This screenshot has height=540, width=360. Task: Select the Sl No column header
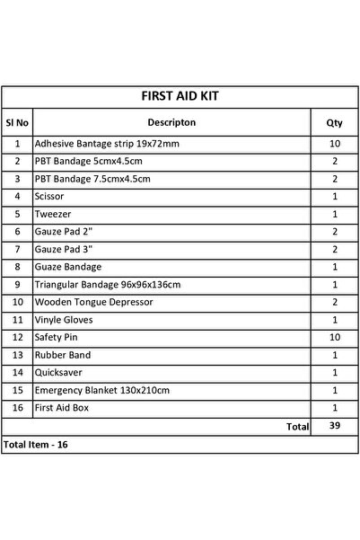click(x=18, y=121)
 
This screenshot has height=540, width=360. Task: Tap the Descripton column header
click(x=171, y=121)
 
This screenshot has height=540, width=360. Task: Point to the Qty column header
click(x=334, y=121)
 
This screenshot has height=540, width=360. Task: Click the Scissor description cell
click(x=48, y=196)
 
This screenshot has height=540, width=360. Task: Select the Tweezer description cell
click(x=50, y=214)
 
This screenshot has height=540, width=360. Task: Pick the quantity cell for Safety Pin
click(x=334, y=338)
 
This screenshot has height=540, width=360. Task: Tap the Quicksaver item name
click(x=57, y=373)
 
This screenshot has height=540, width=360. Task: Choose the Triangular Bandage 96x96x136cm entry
click(x=107, y=285)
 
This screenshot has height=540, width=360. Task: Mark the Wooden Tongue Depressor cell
click(x=89, y=303)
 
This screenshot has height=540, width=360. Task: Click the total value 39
click(x=334, y=426)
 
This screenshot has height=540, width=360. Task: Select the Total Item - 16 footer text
click(x=36, y=445)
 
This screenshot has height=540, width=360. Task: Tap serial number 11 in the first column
click(x=18, y=320)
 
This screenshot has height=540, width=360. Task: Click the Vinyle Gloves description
click(x=64, y=320)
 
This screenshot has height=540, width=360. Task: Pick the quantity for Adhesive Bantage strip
click(x=334, y=143)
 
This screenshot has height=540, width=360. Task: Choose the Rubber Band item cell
click(x=61, y=356)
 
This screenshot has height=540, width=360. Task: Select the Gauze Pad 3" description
click(x=62, y=249)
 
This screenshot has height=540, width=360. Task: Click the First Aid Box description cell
click(x=60, y=408)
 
